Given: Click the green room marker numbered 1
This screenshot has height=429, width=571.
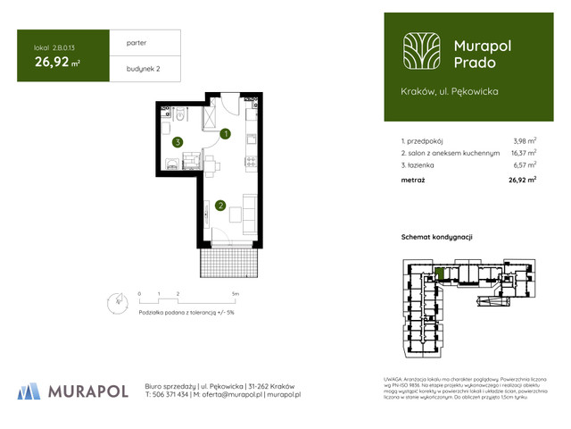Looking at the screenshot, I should pos(226,135).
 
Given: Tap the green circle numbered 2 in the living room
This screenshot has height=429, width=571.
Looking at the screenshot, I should pos(219,206).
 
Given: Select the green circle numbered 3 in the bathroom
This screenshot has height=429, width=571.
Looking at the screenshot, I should pos(178,141).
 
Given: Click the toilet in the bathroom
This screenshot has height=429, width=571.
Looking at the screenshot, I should pos(179,114).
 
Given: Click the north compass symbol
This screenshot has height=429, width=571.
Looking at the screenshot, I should pos(112,302).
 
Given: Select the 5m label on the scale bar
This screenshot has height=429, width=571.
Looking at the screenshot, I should pos(235,293).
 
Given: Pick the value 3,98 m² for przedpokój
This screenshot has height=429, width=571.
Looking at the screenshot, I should pos(525,141).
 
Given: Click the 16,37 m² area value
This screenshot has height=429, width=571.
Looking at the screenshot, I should pos(524,153).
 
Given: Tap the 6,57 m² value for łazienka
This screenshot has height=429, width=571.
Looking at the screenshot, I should pos(525,164).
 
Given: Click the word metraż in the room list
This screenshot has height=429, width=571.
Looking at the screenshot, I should pos(413,180).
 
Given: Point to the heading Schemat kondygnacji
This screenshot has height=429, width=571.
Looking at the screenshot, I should pos(437,236).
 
